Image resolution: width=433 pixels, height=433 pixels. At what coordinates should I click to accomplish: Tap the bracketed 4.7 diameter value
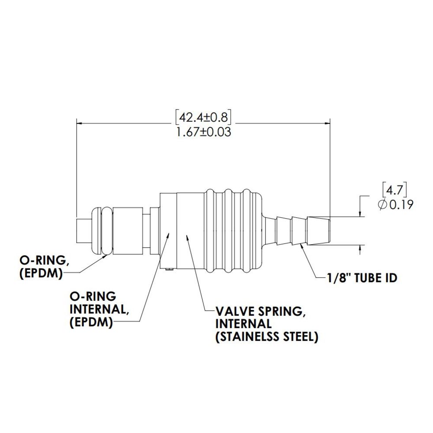point(394,189)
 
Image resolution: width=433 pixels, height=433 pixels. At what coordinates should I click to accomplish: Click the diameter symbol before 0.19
point(383,205)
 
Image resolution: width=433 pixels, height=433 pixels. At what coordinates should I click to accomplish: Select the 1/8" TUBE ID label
point(362,278)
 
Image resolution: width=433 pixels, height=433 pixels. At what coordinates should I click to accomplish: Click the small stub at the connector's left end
point(83,231)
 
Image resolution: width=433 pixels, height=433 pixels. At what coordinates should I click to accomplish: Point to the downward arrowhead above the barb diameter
point(360,214)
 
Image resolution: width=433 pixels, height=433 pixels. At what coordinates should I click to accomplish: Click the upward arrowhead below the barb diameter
point(360,248)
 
